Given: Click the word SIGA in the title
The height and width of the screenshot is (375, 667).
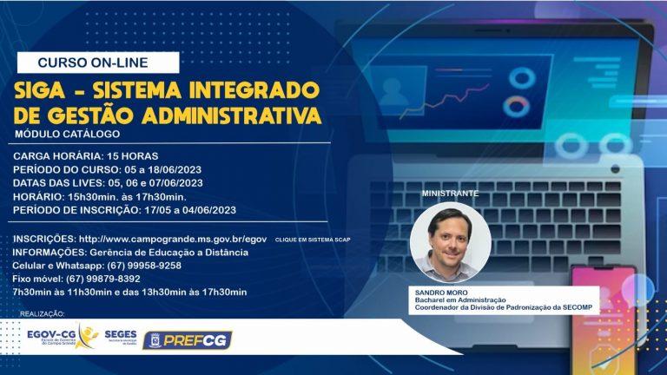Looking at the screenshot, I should (44, 90).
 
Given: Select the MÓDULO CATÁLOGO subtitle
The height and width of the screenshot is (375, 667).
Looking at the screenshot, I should (67, 135).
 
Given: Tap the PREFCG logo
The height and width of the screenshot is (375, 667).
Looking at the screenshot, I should (188, 340).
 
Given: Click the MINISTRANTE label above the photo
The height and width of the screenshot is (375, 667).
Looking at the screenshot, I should (448, 192).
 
